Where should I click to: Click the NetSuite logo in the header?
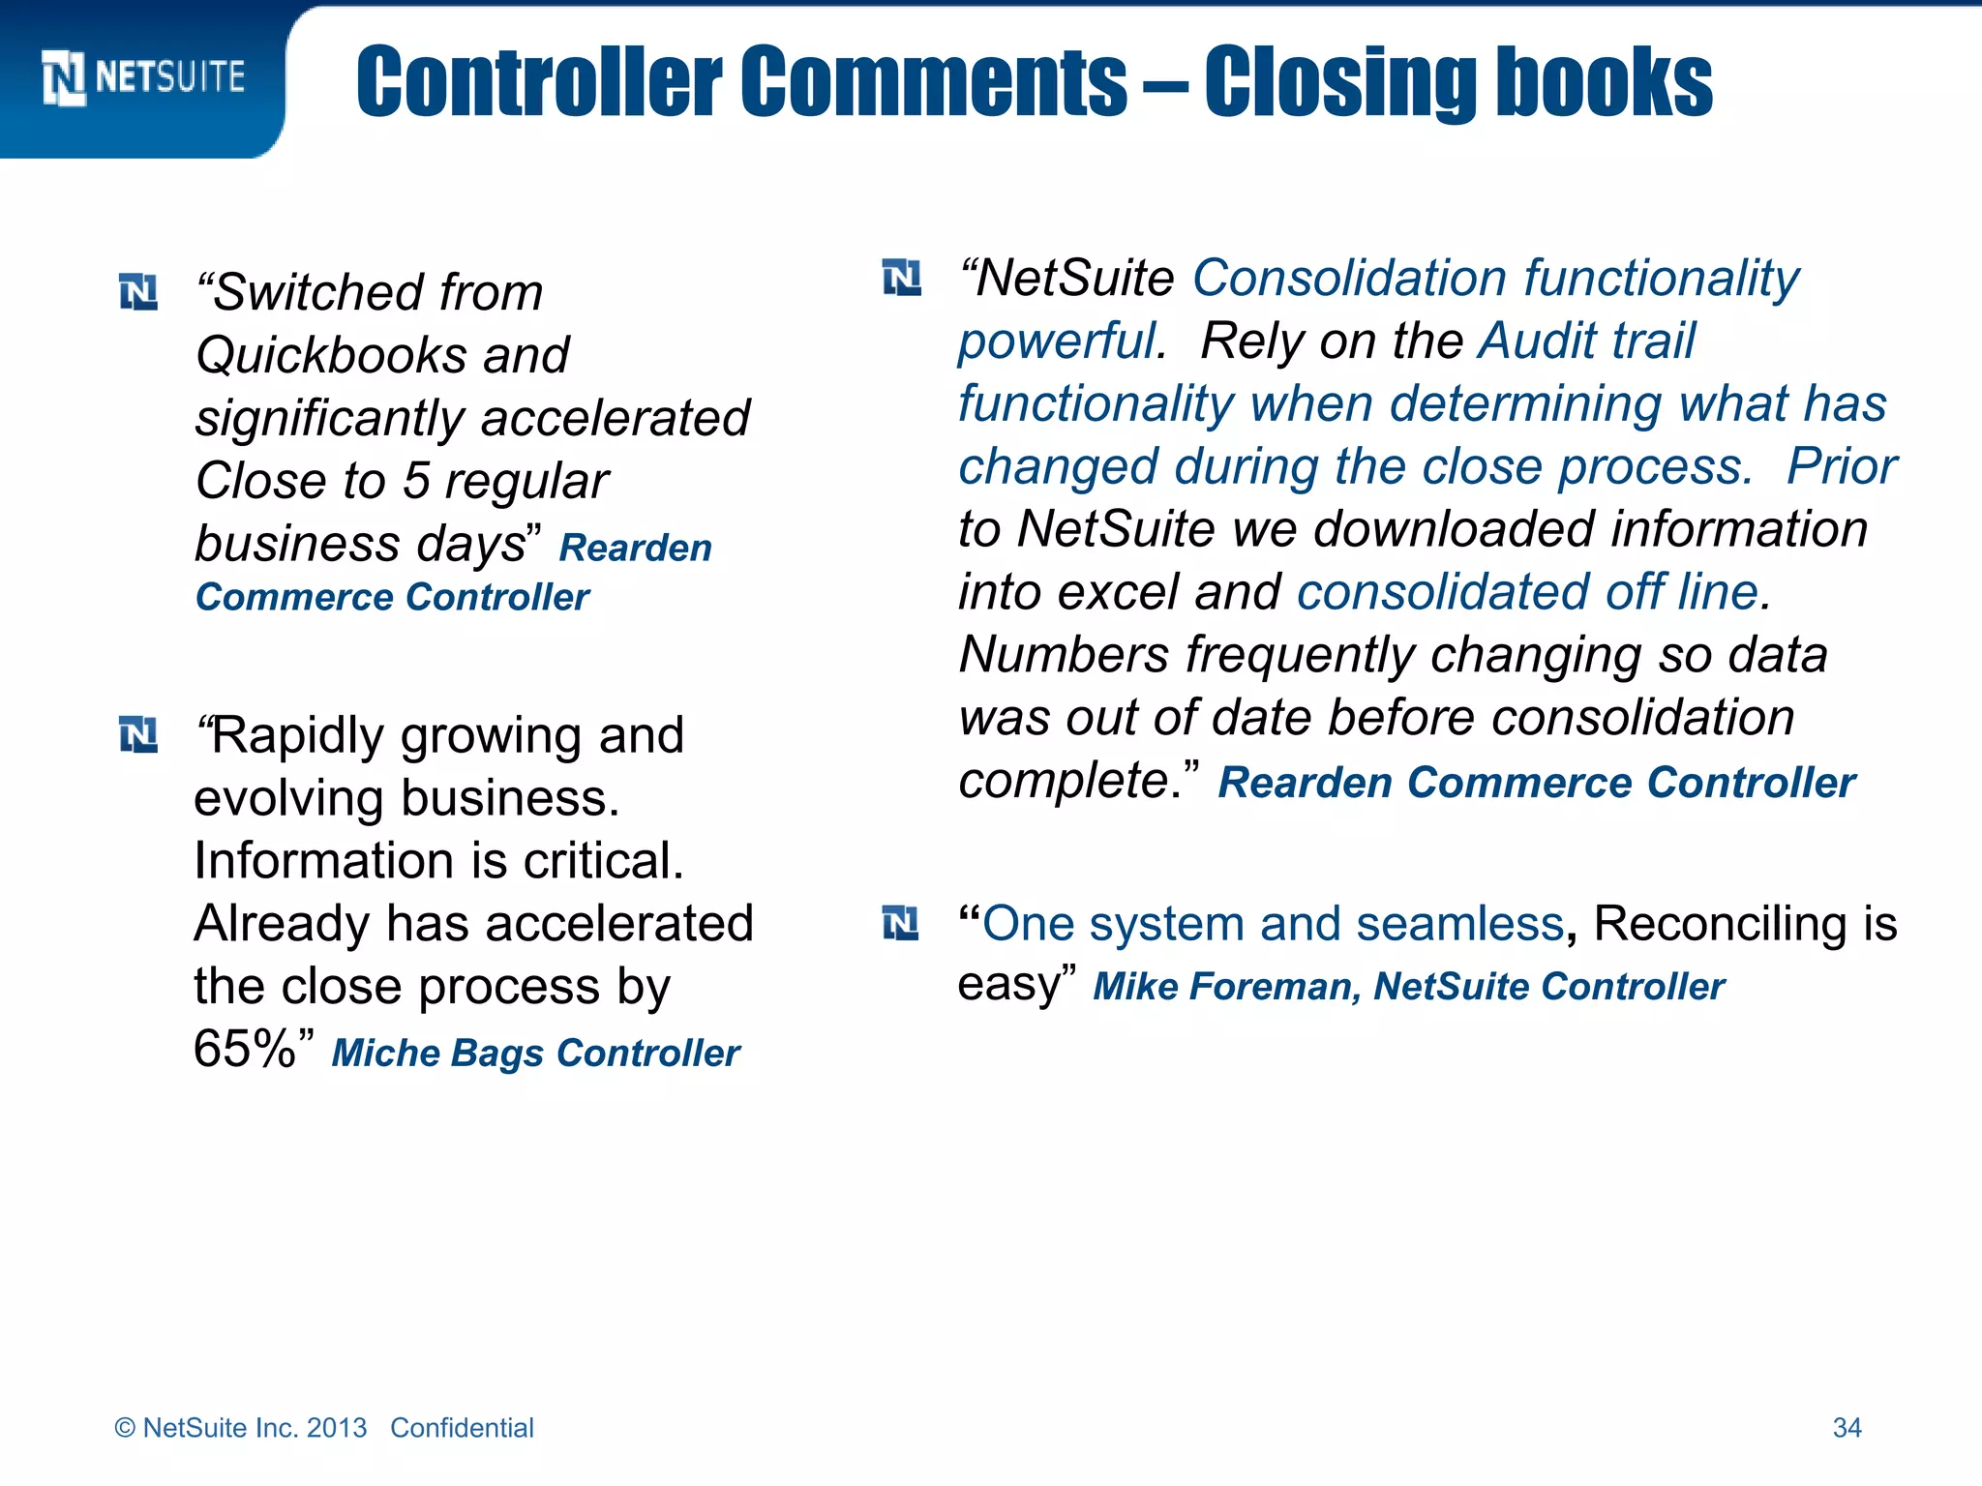(143, 77)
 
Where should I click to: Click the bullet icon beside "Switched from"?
(138, 292)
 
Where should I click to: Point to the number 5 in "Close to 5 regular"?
(416, 481)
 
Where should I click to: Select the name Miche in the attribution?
(384, 1053)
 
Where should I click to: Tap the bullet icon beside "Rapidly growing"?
(138, 734)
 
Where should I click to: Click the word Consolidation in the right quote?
(1349, 279)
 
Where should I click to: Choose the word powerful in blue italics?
(1061, 342)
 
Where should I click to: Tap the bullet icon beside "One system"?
(901, 923)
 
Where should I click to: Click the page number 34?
(1847, 1428)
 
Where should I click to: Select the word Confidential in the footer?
(462, 1428)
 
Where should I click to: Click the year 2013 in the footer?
(337, 1428)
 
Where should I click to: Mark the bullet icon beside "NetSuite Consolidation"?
(902, 279)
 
